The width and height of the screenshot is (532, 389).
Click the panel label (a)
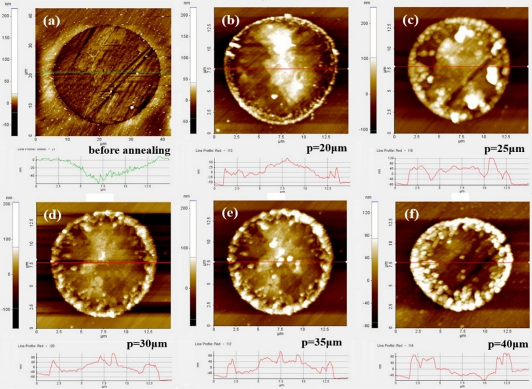click(51, 21)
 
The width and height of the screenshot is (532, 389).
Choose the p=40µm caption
click(504, 343)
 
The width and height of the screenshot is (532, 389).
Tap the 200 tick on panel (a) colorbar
click(6, 17)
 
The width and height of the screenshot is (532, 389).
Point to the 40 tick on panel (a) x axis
click(163, 139)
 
